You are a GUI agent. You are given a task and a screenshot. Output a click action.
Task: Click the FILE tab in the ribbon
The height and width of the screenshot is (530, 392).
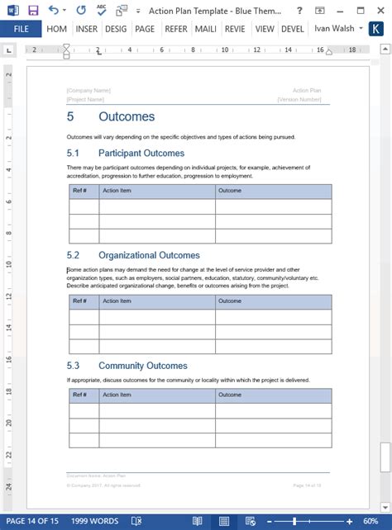click(x=21, y=28)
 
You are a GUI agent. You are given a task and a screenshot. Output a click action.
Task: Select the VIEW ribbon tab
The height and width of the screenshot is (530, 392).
click(x=265, y=28)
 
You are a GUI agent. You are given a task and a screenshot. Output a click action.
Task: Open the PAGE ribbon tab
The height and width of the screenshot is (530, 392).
click(x=145, y=28)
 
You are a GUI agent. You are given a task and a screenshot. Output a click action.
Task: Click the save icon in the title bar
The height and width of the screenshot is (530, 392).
click(x=33, y=9)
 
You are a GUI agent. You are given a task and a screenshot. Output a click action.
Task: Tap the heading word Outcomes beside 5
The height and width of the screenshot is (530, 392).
click(x=126, y=116)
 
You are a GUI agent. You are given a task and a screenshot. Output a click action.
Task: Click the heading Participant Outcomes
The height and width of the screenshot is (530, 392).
click(x=141, y=153)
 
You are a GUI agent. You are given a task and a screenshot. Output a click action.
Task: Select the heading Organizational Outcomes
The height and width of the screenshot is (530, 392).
click(x=149, y=255)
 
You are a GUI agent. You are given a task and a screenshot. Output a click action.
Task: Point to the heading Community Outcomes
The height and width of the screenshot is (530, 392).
click(x=142, y=366)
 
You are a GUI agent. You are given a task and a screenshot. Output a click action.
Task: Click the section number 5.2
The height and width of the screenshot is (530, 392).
click(x=73, y=255)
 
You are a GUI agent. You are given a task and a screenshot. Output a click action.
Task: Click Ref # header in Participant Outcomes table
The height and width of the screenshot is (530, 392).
click(x=80, y=191)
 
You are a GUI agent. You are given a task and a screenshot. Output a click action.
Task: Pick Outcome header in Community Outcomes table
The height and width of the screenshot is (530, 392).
click(x=230, y=395)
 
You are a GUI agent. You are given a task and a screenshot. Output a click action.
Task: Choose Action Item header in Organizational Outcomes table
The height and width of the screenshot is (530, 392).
click(x=117, y=301)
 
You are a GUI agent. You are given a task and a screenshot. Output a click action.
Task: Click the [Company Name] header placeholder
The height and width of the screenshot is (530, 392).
click(x=88, y=90)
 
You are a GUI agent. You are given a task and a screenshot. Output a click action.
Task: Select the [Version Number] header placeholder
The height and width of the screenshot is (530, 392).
click(x=299, y=99)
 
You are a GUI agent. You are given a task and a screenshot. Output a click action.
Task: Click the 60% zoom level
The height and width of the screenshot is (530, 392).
click(x=371, y=522)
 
